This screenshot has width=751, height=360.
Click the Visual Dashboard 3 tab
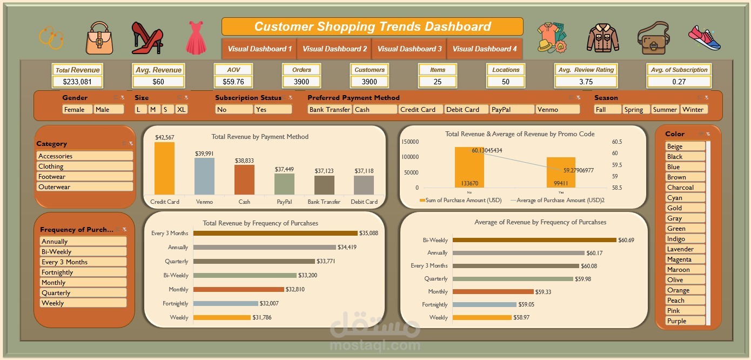(x=409, y=49)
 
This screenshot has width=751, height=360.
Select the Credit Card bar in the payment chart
(x=164, y=168)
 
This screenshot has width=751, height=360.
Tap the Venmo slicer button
(x=557, y=109)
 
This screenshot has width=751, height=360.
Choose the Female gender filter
(x=77, y=109)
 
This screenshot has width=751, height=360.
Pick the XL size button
(x=182, y=109)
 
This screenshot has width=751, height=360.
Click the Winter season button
(x=693, y=109)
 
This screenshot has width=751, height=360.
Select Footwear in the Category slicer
(x=85, y=177)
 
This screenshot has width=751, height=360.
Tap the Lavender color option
(x=685, y=249)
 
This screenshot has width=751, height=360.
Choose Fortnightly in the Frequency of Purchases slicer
(x=83, y=272)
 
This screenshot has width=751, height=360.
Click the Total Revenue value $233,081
(x=78, y=82)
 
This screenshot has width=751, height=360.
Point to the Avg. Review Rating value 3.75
(x=586, y=82)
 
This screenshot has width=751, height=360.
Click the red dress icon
(x=196, y=38)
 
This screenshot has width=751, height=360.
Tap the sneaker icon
(x=705, y=38)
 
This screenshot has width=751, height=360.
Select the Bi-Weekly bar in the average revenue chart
(x=534, y=240)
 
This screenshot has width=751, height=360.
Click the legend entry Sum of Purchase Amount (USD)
(x=460, y=200)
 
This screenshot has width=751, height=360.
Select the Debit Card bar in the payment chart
(x=364, y=185)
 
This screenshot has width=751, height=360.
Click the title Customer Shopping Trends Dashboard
(x=372, y=26)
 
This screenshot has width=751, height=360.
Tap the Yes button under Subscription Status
(x=273, y=109)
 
